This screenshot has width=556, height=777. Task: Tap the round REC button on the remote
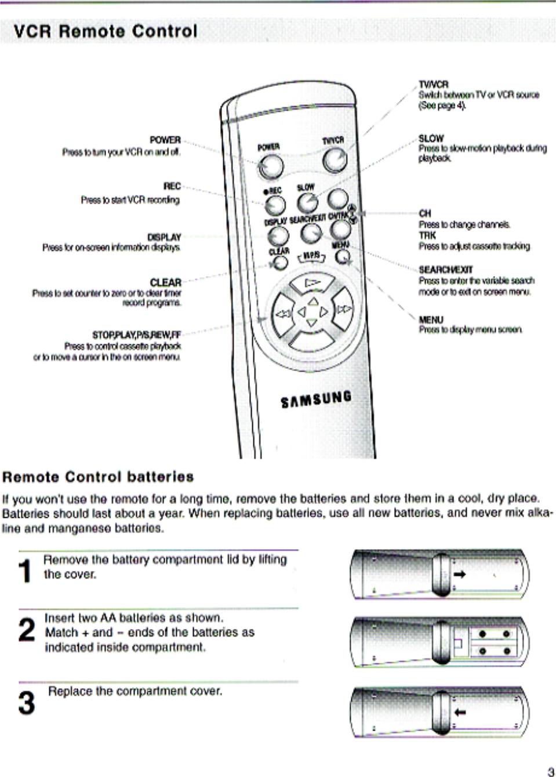(x=275, y=205)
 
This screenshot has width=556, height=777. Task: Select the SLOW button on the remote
(x=307, y=202)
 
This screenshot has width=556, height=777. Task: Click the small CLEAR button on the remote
(x=281, y=263)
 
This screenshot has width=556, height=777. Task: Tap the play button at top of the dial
(x=312, y=284)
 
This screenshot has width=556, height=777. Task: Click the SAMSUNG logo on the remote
(x=316, y=399)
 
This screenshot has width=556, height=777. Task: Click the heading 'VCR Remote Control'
(x=106, y=31)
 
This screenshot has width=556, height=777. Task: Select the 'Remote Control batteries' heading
(x=98, y=477)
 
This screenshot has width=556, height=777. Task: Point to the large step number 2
(x=27, y=630)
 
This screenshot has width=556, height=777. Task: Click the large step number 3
(x=27, y=702)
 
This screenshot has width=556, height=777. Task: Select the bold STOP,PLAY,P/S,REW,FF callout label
(x=137, y=335)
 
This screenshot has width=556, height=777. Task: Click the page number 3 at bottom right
(x=550, y=771)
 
